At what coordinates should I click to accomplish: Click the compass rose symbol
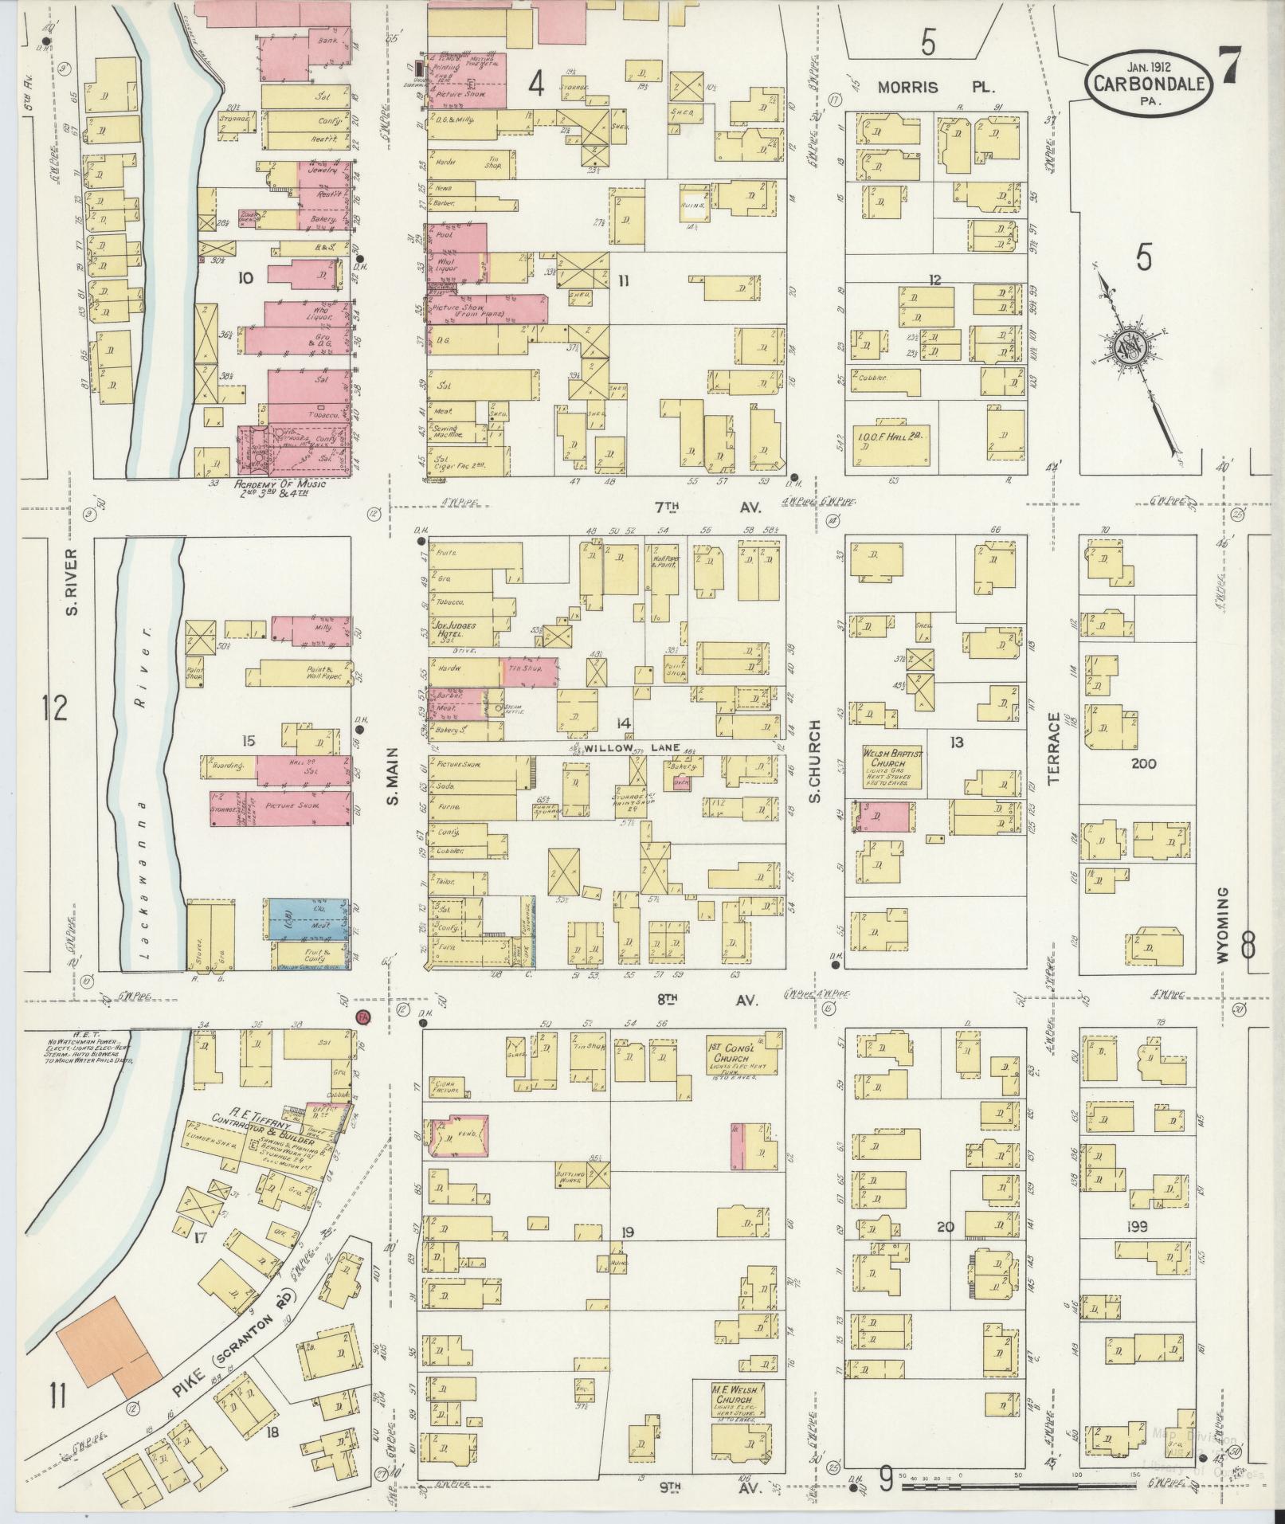[1130, 347]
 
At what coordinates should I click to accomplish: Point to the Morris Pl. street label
[937, 87]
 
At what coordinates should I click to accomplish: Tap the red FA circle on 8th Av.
[363, 1017]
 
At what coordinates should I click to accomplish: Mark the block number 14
[623, 723]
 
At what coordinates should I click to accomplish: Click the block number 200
[1143, 763]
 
